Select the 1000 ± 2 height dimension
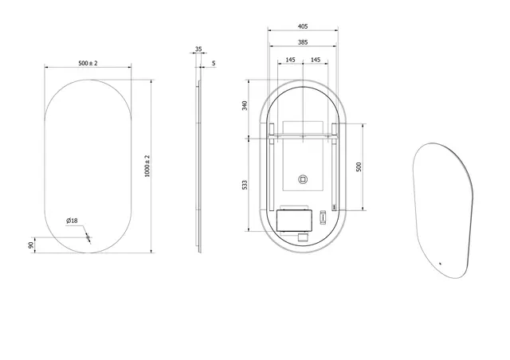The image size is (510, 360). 147,166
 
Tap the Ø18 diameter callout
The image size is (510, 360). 71,221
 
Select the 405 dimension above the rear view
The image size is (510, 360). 303,25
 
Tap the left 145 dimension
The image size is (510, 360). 289,60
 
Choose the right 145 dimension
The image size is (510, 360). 316,60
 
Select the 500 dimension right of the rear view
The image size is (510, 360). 359,166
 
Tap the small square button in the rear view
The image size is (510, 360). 303,180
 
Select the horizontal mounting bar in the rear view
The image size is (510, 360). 303,136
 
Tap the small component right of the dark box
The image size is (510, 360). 323,216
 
